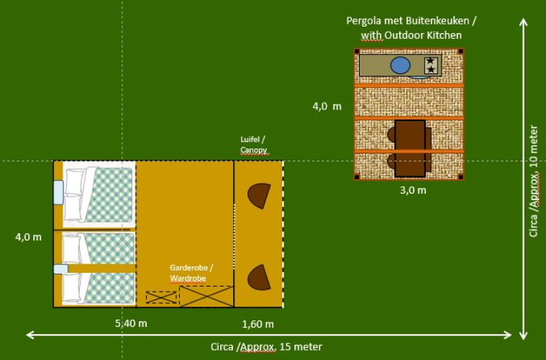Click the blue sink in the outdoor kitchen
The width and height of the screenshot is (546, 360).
coord(400,66)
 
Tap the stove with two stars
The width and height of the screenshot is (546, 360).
coord(430,65)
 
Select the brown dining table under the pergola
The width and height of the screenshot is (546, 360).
coord(409,148)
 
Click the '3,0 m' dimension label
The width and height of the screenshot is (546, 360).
coord(412,190)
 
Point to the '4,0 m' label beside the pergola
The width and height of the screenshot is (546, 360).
coord(327,106)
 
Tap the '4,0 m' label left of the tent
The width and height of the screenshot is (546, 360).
coord(28,236)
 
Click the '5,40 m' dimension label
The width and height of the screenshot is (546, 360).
coord(131,323)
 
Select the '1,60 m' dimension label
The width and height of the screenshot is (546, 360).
coord(258,324)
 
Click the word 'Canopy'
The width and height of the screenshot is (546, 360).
coord(254,150)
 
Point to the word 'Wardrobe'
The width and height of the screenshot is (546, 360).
coord(188,278)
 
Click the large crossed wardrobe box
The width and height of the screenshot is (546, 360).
coord(206,297)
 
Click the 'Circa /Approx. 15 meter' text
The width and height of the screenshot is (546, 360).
coord(267,346)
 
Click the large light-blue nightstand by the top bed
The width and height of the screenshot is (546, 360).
coord(58,192)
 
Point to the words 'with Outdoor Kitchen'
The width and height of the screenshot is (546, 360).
coord(411,35)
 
